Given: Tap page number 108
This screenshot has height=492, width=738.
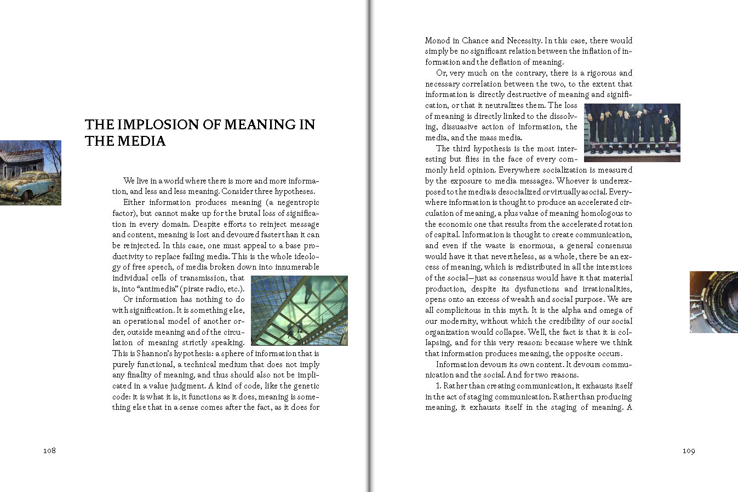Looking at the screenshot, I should pyautogui.click(x=49, y=451).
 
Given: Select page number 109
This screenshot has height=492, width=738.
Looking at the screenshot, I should pyautogui.click(x=689, y=451).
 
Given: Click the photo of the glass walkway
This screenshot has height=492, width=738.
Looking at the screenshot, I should pyautogui.click(x=299, y=310).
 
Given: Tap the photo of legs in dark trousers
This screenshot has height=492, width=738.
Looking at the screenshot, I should pyautogui.click(x=632, y=133).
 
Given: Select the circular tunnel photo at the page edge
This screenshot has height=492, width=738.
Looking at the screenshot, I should pyautogui.click(x=714, y=302).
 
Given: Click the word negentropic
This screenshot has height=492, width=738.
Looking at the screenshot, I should pyautogui.click(x=298, y=202).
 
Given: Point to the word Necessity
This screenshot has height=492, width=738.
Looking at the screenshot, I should pyautogui.click(x=523, y=41).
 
